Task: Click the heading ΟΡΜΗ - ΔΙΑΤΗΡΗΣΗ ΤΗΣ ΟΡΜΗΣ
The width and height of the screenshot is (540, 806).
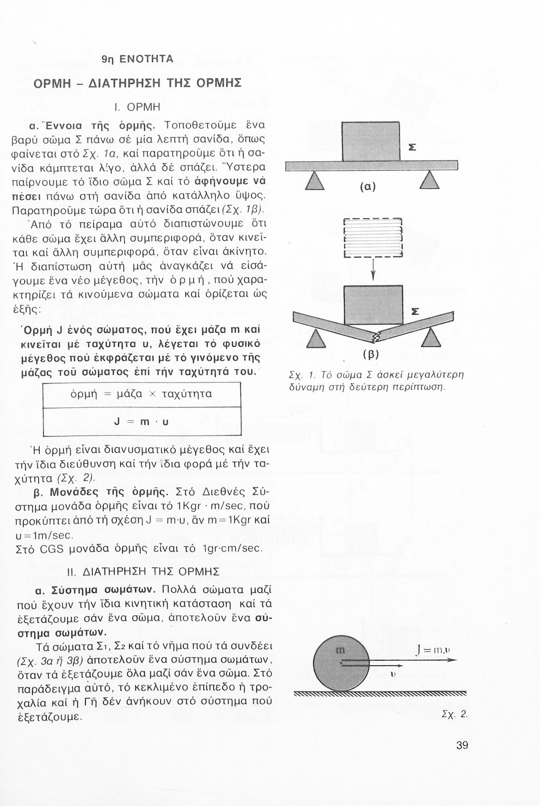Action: [137, 84]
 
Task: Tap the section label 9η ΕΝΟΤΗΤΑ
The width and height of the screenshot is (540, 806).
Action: [138, 59]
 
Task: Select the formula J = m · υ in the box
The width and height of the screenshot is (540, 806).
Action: [141, 422]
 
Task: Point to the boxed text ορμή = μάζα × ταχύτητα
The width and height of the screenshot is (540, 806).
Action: [141, 394]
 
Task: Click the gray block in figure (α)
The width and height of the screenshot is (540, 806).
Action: [371, 141]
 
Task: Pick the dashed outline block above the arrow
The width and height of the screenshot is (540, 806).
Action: [373, 238]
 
